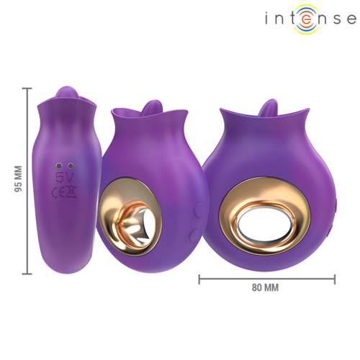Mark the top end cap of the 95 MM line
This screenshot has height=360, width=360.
28,89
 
